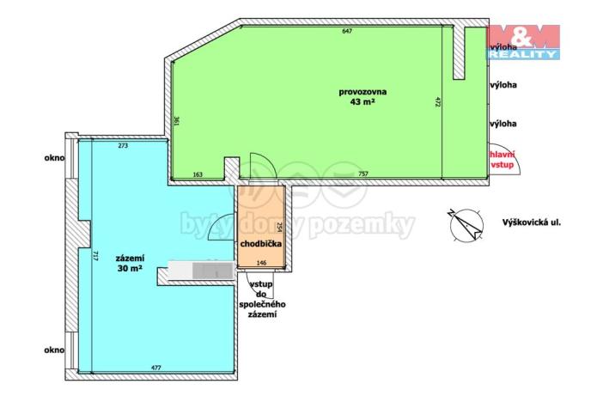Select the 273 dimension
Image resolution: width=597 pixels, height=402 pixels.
pyautogui.click(x=123, y=146)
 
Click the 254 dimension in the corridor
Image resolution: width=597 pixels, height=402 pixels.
pyautogui.click(x=280, y=228)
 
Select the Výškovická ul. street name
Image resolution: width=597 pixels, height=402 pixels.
pyautogui.click(x=532, y=222)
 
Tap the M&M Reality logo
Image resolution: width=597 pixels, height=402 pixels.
pyautogui.click(x=523, y=40)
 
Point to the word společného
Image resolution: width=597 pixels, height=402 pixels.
pyautogui.click(x=263, y=305)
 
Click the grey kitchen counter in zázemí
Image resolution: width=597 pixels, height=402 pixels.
pyautogui.click(x=199, y=271)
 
